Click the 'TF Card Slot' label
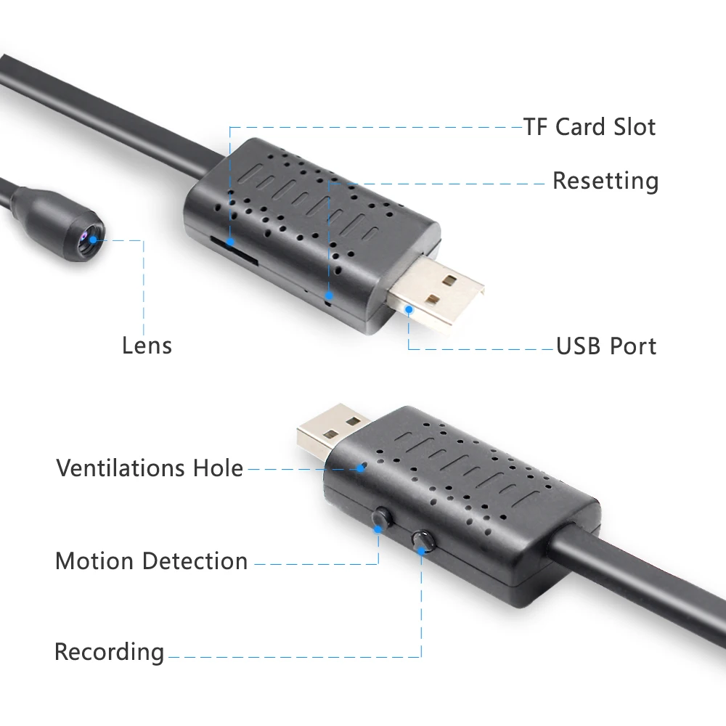tap(590, 127)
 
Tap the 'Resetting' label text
tap(605, 181)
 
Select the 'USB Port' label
tap(606, 346)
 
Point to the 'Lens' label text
tap(147, 346)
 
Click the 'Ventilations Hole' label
tap(150, 468)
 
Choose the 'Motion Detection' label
tap(151, 561)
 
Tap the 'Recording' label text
tap(109, 652)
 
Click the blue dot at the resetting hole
tap(329, 296)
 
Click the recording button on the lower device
tap(422, 540)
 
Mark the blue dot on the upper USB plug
tap(409, 309)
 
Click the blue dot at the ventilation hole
tap(360, 468)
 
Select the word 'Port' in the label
tap(632, 346)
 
